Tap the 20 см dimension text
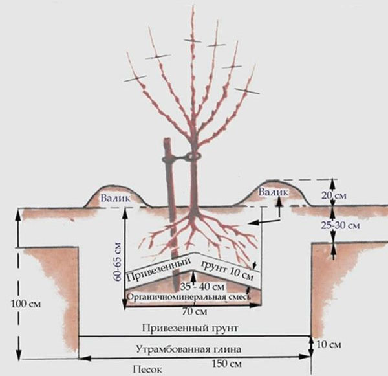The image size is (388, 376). coord(347,195)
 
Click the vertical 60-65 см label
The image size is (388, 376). coord(117,250)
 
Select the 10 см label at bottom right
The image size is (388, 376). coord(329,345)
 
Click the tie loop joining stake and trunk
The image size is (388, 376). coord(191,157)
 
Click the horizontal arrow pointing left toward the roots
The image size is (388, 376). coord(269,222)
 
